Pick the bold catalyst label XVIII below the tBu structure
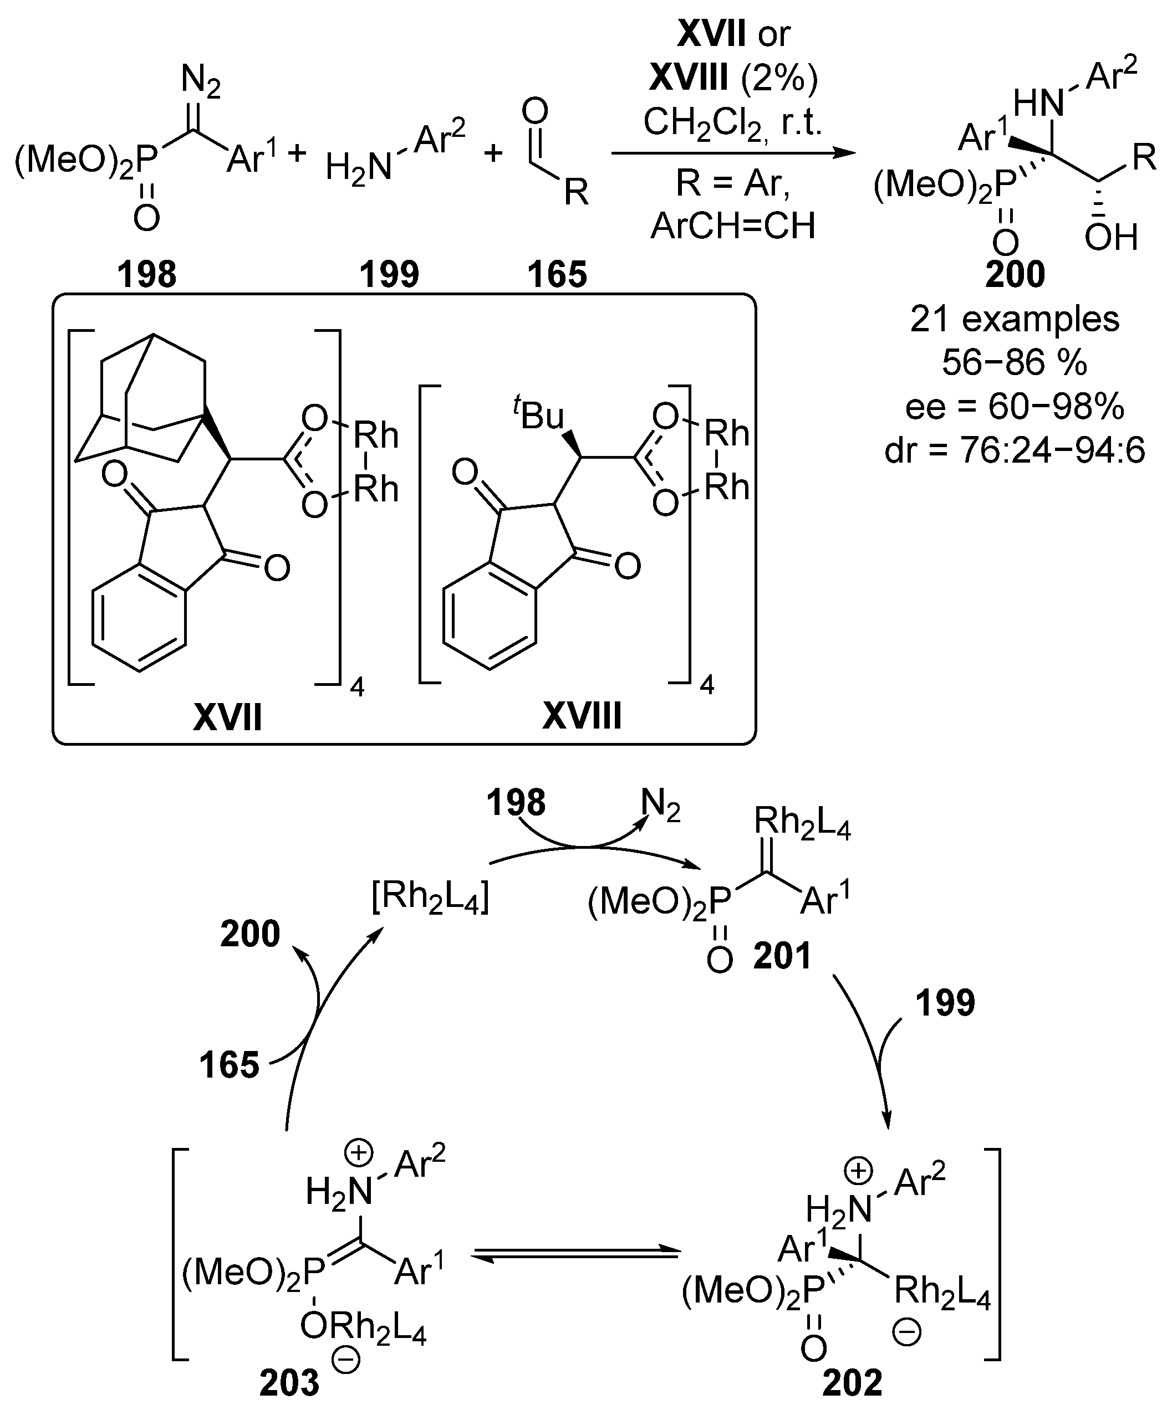582,716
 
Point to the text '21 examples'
1015,320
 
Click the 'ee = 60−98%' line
1015,407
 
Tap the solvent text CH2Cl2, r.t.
732,124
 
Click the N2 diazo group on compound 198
201,82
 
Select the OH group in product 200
1110,238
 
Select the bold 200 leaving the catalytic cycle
250,934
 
